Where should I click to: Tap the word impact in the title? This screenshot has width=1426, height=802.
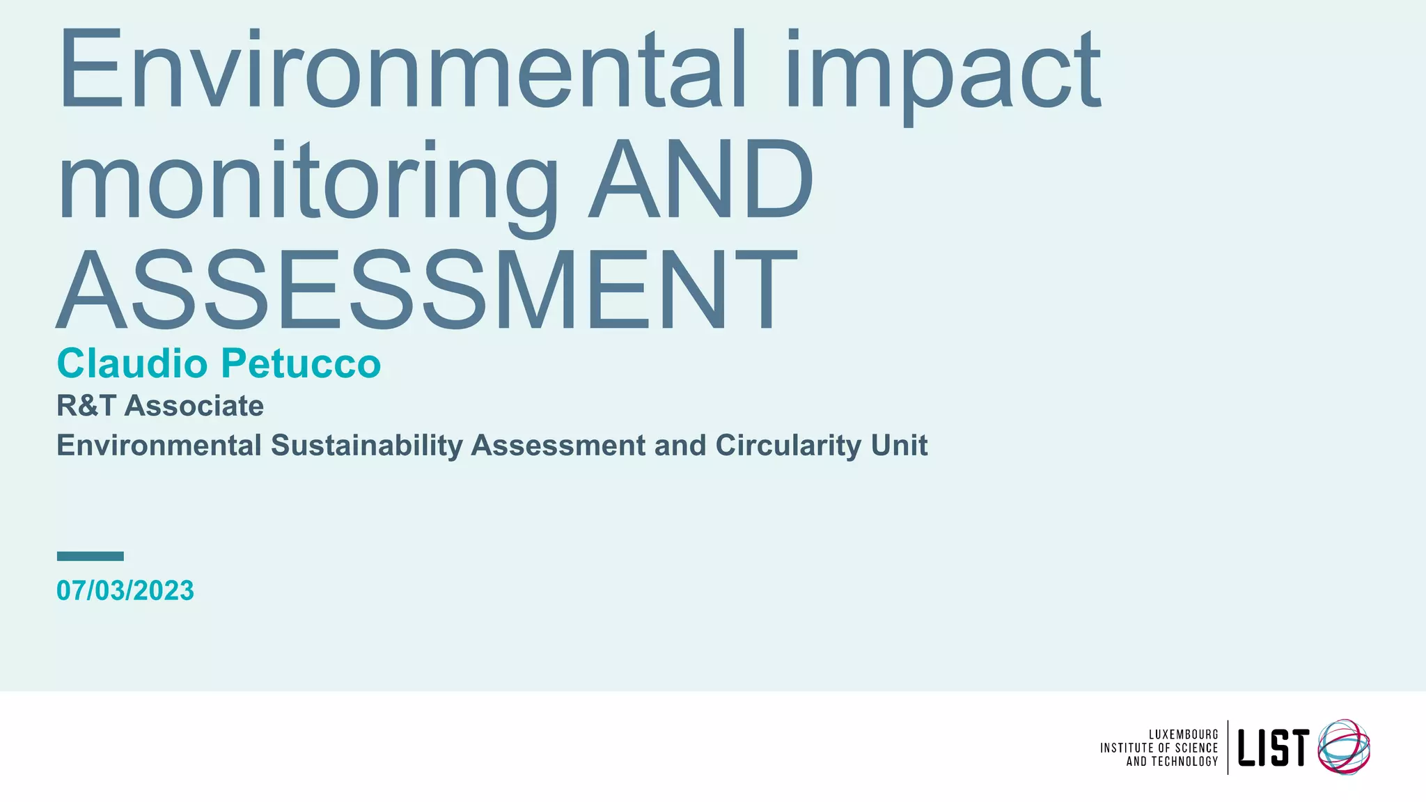(x=944, y=73)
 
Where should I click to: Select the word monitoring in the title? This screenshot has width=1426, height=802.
(x=306, y=182)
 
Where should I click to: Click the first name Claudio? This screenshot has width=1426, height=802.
(x=132, y=363)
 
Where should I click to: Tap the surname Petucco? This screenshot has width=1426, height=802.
(x=301, y=363)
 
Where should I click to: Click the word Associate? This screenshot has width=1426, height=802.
(x=194, y=406)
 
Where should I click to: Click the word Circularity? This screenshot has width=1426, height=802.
(x=789, y=446)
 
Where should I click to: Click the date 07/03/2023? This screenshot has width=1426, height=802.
(x=125, y=590)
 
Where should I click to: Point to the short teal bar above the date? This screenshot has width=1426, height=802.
(x=90, y=556)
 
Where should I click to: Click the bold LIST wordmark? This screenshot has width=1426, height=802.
(x=1273, y=748)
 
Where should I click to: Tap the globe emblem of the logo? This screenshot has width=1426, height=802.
(x=1344, y=747)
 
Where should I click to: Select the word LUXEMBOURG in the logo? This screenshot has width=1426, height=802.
(x=1183, y=734)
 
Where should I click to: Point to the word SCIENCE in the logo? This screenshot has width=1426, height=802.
(x=1196, y=748)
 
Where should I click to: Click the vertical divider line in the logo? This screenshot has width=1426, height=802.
(x=1228, y=747)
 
